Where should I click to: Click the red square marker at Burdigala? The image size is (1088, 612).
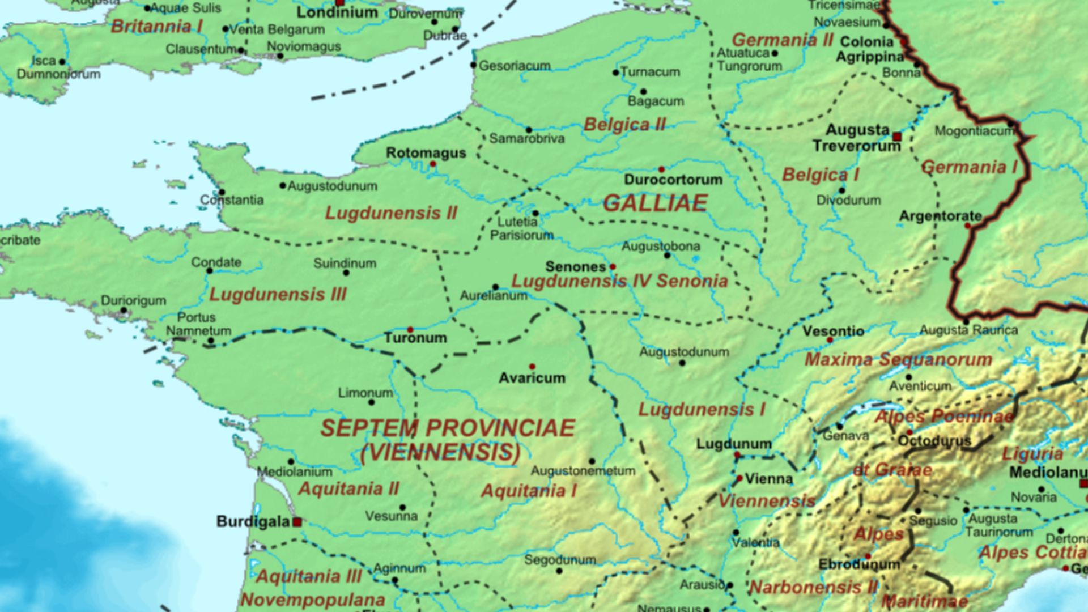[x=297, y=522]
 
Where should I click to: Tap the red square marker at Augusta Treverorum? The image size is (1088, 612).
[x=896, y=137]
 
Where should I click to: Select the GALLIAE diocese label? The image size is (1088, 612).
[x=655, y=203]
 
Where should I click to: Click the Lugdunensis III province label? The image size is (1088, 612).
[x=278, y=295]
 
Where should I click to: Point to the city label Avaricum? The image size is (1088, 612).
[x=532, y=378]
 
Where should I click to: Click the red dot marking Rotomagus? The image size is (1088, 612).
[x=433, y=164]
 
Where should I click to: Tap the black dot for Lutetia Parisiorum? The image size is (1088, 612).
[x=535, y=214]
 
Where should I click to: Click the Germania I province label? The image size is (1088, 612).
[x=969, y=168]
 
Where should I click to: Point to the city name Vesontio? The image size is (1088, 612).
[x=833, y=331]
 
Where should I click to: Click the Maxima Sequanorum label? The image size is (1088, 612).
[x=898, y=359]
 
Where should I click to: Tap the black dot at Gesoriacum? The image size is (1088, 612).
[x=473, y=65]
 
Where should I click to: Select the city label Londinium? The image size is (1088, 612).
[x=337, y=12]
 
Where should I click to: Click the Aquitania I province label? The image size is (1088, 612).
[x=529, y=491]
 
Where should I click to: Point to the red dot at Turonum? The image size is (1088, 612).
[x=410, y=329]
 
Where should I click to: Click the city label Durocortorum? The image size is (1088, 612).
[x=673, y=180]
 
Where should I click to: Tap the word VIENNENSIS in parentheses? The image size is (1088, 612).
[x=440, y=452]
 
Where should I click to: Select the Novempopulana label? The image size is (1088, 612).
[x=312, y=600]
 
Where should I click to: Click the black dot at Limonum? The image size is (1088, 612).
[x=372, y=402]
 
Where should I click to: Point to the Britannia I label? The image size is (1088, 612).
[x=156, y=26]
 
